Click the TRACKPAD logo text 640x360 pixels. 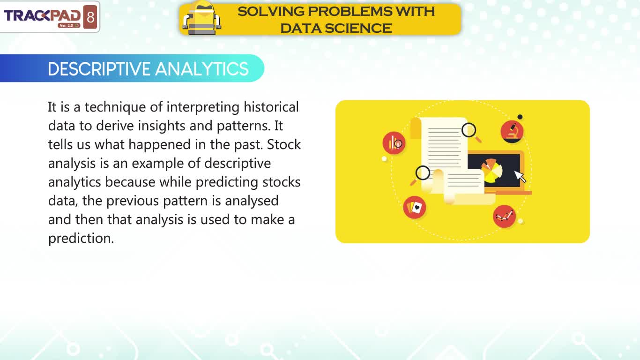(42, 15)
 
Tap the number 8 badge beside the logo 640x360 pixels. (90, 17)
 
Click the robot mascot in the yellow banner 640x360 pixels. (202, 18)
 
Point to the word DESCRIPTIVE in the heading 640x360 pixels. (99, 69)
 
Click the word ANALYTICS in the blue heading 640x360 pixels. (202, 69)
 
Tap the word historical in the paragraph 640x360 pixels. (271, 107)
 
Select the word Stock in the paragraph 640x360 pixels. (284, 144)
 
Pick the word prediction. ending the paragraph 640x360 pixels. (81, 239)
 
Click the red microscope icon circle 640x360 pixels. (512, 132)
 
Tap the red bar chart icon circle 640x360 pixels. (394, 143)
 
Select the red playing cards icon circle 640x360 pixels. (415, 207)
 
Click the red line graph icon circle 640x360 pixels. (504, 217)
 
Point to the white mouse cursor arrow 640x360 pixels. (520, 176)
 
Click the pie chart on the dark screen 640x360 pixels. (491, 171)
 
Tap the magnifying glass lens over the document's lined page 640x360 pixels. (469, 130)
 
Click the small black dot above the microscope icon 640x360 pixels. (520, 117)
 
